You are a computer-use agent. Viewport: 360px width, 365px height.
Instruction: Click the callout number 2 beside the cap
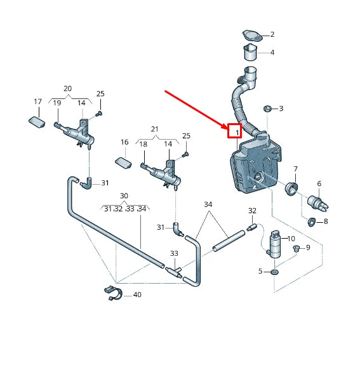272,34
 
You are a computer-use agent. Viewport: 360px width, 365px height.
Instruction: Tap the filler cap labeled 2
253,36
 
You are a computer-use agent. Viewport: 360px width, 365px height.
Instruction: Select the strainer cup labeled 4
250,52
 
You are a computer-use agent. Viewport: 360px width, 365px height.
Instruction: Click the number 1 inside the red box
237,133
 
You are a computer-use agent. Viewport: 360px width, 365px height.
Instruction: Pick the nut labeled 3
267,109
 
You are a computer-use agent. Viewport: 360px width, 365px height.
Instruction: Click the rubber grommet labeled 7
291,189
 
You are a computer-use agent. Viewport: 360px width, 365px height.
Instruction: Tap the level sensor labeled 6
318,204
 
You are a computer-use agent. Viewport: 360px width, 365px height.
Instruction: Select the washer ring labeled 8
311,222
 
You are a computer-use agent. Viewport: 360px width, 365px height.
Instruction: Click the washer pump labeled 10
274,245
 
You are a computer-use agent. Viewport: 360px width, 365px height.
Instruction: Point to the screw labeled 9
296,249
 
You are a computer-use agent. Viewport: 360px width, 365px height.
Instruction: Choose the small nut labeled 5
275,272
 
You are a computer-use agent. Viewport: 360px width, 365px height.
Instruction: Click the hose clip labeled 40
113,293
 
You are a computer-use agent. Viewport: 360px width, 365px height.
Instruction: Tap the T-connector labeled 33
174,272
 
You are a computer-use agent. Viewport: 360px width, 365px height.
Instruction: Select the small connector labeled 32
251,227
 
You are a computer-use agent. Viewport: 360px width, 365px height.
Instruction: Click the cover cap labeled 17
37,122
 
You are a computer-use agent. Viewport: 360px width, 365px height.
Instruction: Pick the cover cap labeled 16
123,163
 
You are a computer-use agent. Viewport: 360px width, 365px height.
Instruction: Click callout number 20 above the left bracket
67,89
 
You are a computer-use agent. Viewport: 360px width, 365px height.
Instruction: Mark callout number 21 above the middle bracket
155,129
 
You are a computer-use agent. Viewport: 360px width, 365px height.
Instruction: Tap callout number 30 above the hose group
124,196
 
